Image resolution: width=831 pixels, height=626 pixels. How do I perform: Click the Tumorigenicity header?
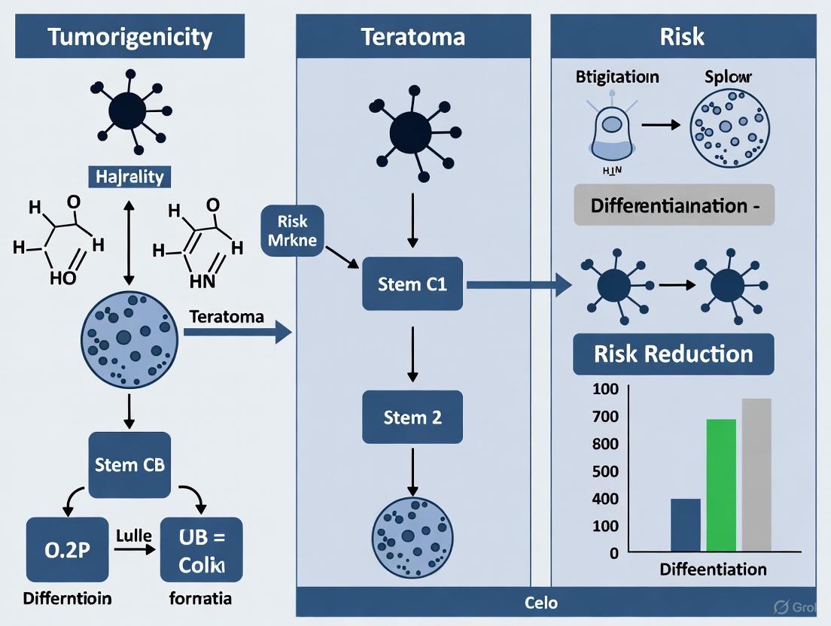click(x=130, y=36)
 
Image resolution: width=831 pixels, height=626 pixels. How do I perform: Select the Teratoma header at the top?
click(x=412, y=36)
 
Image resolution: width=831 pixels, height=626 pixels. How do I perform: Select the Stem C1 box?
click(x=413, y=284)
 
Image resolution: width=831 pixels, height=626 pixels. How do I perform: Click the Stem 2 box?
click(x=412, y=417)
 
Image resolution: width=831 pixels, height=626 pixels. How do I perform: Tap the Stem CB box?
click(x=129, y=465)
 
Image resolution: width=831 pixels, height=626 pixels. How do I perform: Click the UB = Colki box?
click(x=201, y=550)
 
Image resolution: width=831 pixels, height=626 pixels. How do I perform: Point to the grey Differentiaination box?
click(x=674, y=205)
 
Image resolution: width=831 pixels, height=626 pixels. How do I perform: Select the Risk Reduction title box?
click(x=673, y=354)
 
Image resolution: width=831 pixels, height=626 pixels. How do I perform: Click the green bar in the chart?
click(x=721, y=485)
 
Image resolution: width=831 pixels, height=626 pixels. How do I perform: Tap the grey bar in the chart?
click(x=756, y=475)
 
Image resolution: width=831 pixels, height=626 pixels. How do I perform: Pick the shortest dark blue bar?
click(x=685, y=525)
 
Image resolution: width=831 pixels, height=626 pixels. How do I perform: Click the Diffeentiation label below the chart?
click(x=713, y=570)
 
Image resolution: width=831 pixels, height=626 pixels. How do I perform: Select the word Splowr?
click(x=728, y=77)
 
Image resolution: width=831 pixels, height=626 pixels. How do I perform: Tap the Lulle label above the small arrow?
click(x=135, y=536)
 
